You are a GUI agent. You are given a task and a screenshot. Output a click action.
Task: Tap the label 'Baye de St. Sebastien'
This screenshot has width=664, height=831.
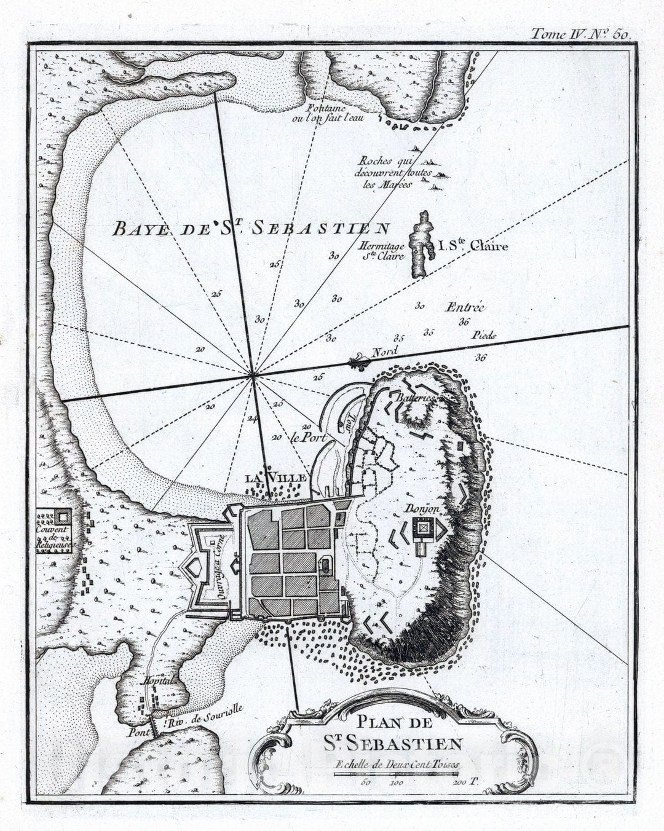click(251, 229)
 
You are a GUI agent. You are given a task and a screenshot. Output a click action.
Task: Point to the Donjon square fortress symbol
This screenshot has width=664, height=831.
click(423, 527)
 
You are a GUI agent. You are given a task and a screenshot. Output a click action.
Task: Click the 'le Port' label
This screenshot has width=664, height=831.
click(307, 438)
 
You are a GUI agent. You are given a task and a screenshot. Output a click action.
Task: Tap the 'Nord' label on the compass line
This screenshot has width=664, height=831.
click(385, 352)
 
